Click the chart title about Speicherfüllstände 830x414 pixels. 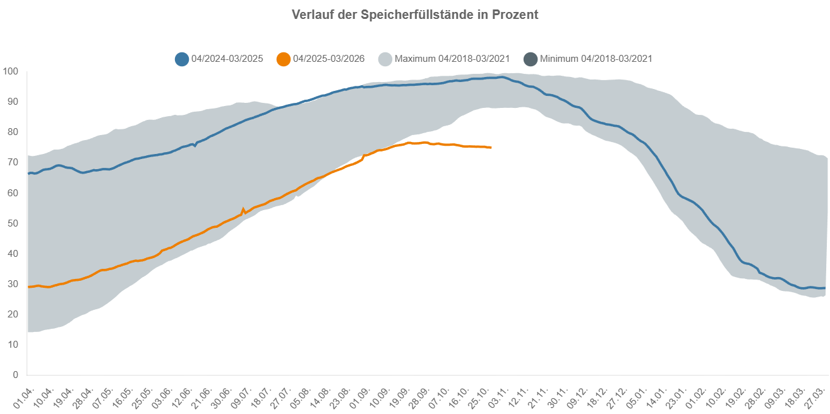(x=415, y=15)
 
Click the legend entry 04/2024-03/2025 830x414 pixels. (x=227, y=59)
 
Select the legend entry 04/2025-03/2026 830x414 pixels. (x=328, y=59)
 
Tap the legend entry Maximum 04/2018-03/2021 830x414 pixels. (x=452, y=59)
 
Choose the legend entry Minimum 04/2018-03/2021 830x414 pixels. (x=596, y=59)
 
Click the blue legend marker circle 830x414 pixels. (x=182, y=59)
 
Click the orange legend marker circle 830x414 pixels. (x=284, y=59)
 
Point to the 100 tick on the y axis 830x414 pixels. (x=11, y=71)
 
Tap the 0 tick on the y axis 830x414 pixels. (x=15, y=375)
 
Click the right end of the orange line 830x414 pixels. (x=491, y=148)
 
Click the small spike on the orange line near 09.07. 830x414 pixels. (x=243, y=209)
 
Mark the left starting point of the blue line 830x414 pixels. (x=28, y=173)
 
